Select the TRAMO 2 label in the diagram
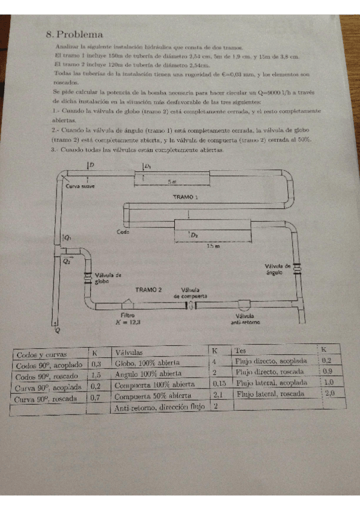pos(148,289)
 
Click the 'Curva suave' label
pos(80,186)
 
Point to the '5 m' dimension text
pos(172,181)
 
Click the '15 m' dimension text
pos(213,246)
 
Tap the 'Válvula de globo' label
pos(108,278)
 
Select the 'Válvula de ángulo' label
pos(278,268)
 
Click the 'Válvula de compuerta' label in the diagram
pos(191,293)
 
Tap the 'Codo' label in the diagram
pos(123,232)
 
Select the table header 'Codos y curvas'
pos(41,355)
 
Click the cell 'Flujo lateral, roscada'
pos(270,394)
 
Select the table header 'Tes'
pos(241,350)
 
